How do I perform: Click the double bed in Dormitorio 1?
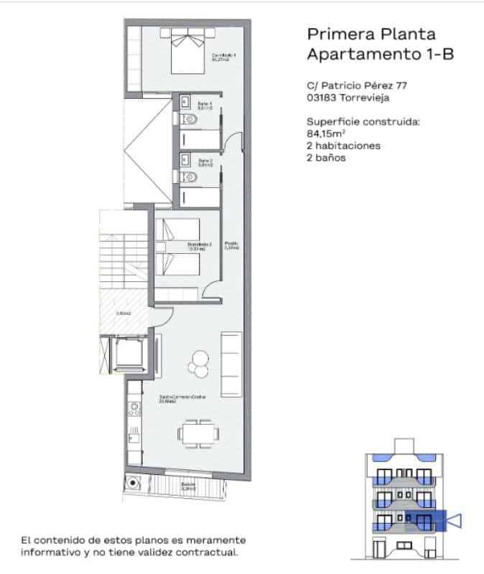pos(188,50)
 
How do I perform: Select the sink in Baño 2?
pos(184,159)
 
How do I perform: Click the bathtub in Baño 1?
pos(201,138)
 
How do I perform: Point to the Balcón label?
pos(188,486)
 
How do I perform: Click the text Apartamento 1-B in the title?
pos(380,54)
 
